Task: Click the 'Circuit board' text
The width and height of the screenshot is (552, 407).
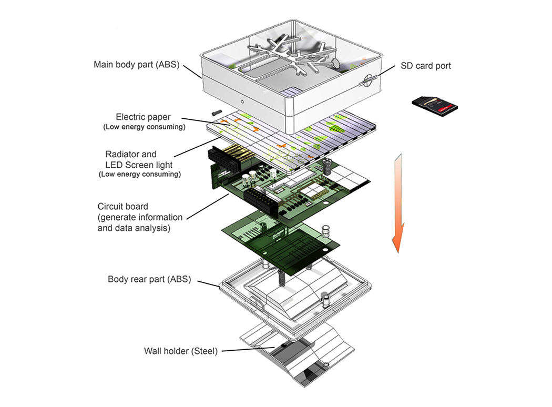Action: pos(123,206)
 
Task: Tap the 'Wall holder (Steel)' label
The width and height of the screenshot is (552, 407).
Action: pos(181,351)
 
